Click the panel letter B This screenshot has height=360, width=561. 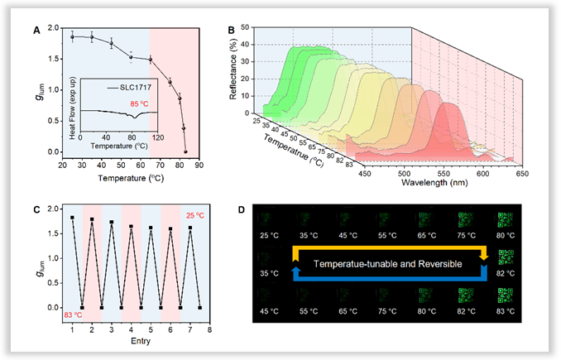(231, 30)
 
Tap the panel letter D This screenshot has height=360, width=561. (241, 209)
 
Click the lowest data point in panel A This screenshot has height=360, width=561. (185, 151)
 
